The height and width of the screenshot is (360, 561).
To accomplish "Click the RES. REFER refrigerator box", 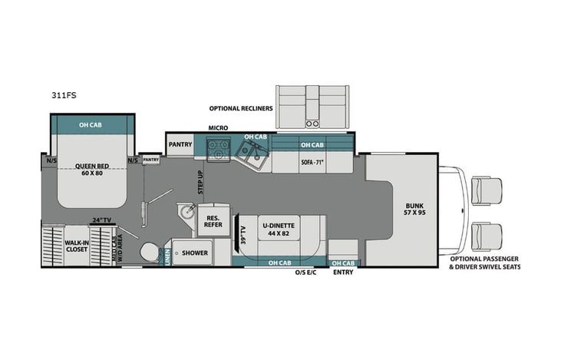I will click(x=212, y=223).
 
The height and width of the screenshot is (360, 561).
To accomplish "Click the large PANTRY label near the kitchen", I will click(x=179, y=143).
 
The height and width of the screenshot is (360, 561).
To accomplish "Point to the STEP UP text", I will click(x=201, y=182).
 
